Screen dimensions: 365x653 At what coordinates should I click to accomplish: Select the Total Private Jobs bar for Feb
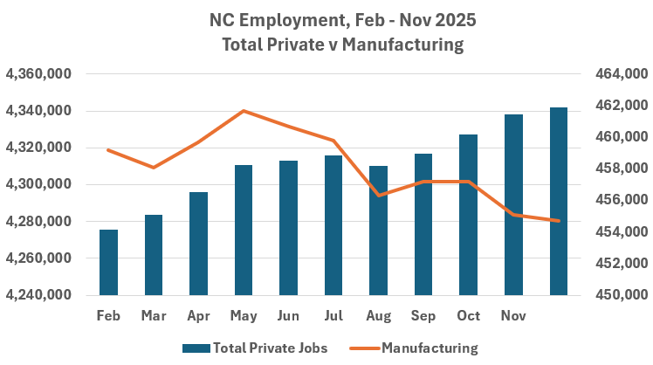108,262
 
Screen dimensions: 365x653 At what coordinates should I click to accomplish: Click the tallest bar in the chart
559,201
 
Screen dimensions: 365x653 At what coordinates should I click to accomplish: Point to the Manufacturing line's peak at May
244,111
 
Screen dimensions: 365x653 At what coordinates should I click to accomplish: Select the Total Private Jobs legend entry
255,348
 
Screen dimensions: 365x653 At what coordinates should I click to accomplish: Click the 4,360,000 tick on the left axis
40,75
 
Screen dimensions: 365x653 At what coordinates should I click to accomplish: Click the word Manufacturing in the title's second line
402,44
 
